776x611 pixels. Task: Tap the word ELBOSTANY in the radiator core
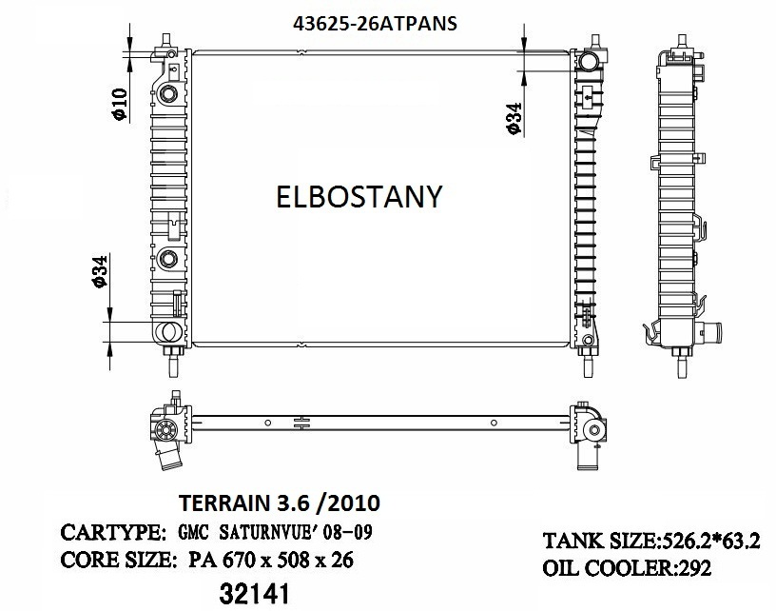359,196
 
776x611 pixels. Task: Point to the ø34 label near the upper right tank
513,118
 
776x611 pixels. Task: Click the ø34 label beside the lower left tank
98,272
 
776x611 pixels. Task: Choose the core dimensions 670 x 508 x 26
281,561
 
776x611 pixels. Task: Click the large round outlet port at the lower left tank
168,332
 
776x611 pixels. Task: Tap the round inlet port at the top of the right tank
591,64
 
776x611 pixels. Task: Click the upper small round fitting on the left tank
169,94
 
